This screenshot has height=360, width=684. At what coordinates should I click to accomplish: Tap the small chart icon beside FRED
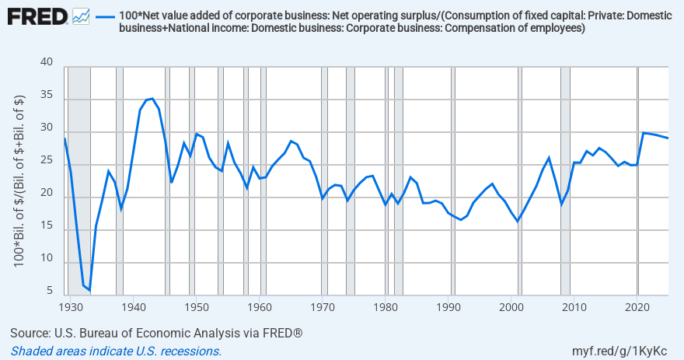pyautogui.click(x=81, y=16)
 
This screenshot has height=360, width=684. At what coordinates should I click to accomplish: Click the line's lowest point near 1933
pyautogui.click(x=89, y=290)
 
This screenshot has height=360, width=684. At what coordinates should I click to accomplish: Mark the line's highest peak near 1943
pyautogui.click(x=152, y=99)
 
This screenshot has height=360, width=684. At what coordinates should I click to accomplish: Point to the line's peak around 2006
pyautogui.click(x=549, y=158)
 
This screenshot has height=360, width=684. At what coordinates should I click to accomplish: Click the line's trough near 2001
pyautogui.click(x=518, y=222)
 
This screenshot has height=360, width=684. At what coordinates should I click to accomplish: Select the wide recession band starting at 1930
pyautogui.click(x=79, y=179)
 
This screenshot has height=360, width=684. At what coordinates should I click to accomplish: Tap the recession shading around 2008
pyautogui.click(x=565, y=179)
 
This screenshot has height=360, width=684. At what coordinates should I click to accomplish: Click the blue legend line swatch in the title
pyautogui.click(x=106, y=16)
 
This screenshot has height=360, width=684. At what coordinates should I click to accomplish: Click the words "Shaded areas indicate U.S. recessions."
pyautogui.click(x=116, y=351)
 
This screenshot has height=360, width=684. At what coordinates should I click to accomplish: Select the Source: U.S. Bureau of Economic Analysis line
pyautogui.click(x=155, y=333)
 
